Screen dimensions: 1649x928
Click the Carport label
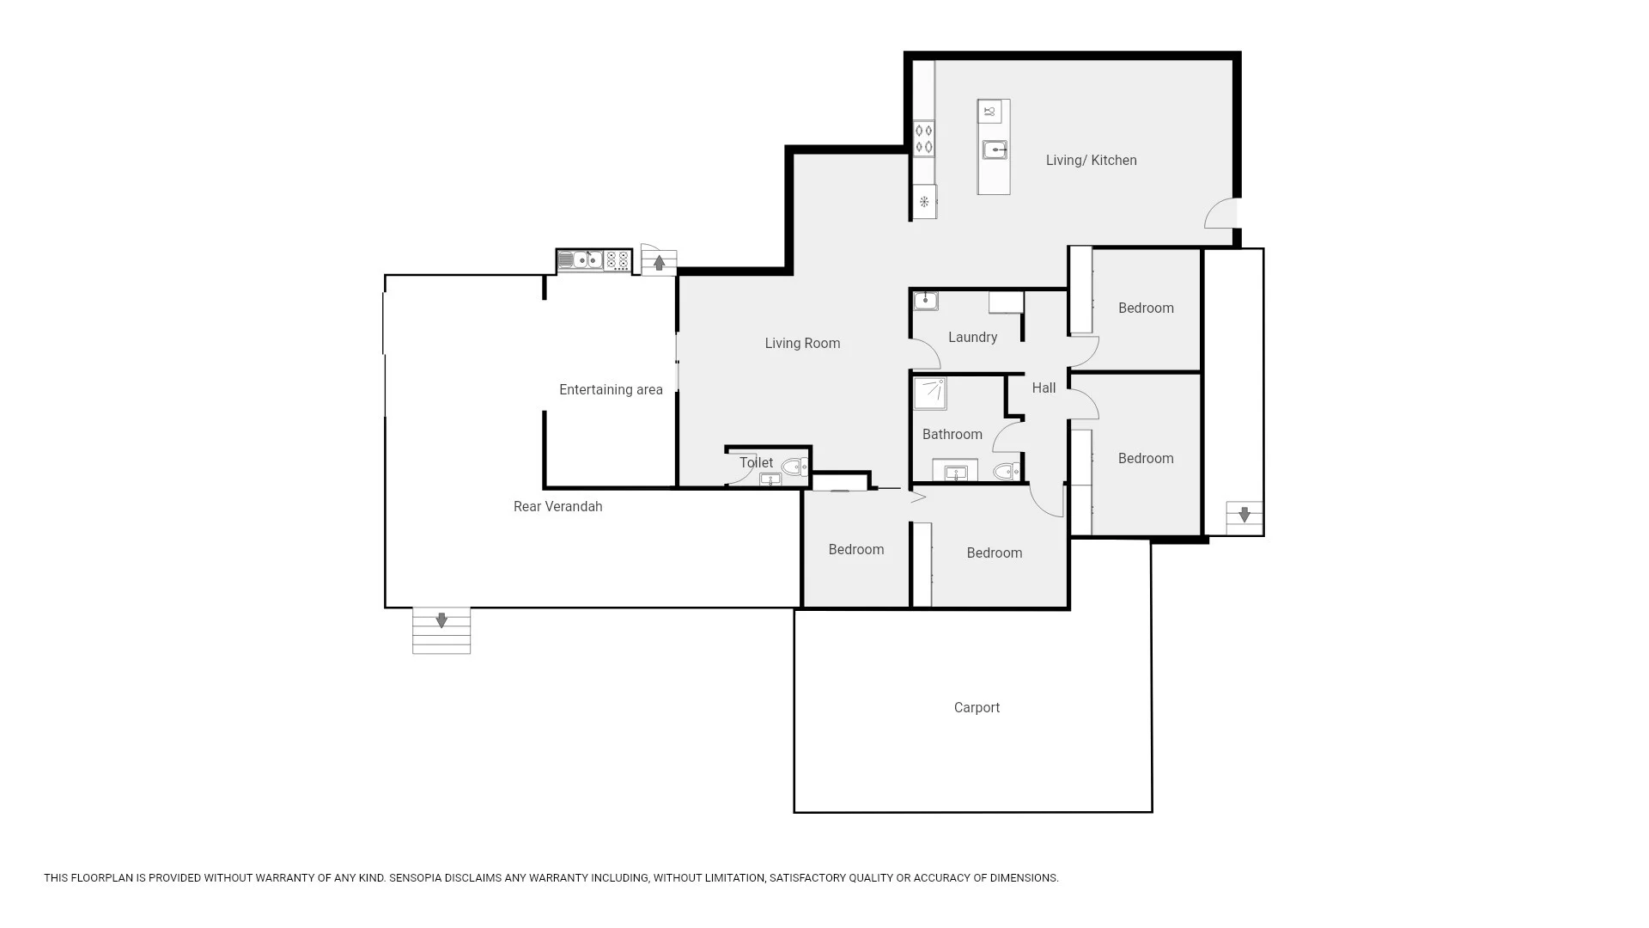(x=977, y=708)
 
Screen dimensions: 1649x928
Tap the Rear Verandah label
(x=558, y=507)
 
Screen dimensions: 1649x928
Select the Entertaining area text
(x=611, y=390)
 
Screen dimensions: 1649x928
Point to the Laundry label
(x=972, y=338)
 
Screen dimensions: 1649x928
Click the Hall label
(x=1044, y=388)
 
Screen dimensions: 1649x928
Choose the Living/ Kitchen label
(x=1091, y=161)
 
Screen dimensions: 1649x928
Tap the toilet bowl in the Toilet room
(x=794, y=467)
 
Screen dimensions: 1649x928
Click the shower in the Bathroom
(x=929, y=394)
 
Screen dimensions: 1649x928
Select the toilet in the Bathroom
(x=1006, y=471)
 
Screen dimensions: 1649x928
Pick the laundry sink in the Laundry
(x=925, y=301)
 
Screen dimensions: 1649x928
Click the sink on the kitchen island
(x=995, y=150)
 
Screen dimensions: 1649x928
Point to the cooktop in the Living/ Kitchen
(x=924, y=139)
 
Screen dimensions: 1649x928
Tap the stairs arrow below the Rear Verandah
(x=441, y=620)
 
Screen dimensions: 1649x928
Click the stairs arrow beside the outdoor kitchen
(x=659, y=263)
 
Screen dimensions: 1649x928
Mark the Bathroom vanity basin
(x=955, y=473)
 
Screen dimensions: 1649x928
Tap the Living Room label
(x=802, y=344)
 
